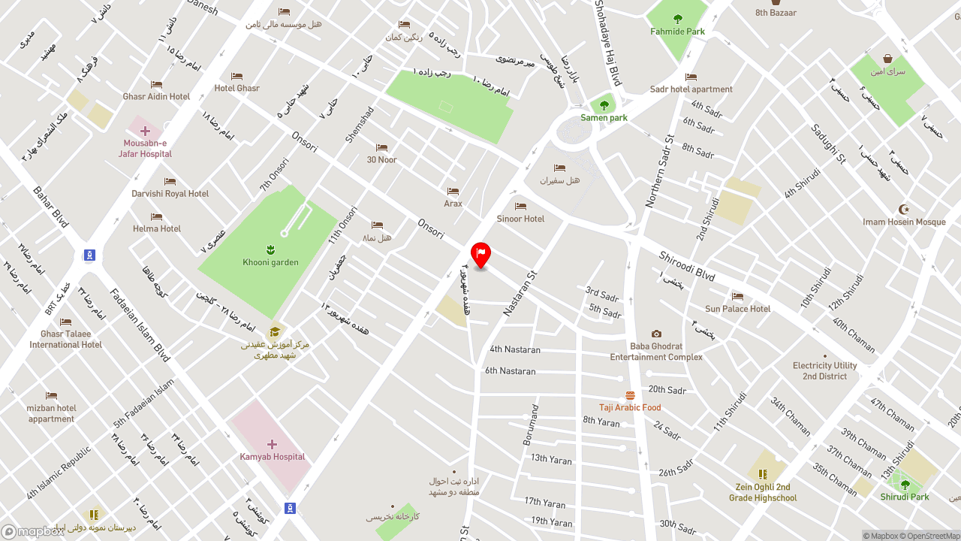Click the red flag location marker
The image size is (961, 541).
480,254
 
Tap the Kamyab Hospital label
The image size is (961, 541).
272,457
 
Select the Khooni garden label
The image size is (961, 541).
270,262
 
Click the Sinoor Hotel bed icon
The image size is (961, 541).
520,206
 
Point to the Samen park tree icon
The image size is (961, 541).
604,106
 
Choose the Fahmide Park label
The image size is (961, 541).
677,32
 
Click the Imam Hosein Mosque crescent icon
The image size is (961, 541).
904,209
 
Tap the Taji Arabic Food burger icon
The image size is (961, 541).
630,395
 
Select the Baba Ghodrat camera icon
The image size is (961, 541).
656,334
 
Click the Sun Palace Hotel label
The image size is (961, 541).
737,309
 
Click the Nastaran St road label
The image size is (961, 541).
521,293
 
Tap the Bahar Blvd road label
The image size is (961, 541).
50,207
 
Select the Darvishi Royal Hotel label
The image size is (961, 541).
170,194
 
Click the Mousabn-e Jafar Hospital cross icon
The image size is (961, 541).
145,131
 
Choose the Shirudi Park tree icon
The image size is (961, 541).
905,485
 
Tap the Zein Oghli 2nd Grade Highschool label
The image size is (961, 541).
763,492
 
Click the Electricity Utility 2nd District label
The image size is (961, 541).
824,371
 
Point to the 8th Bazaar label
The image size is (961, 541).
776,13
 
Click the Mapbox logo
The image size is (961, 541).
33,531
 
